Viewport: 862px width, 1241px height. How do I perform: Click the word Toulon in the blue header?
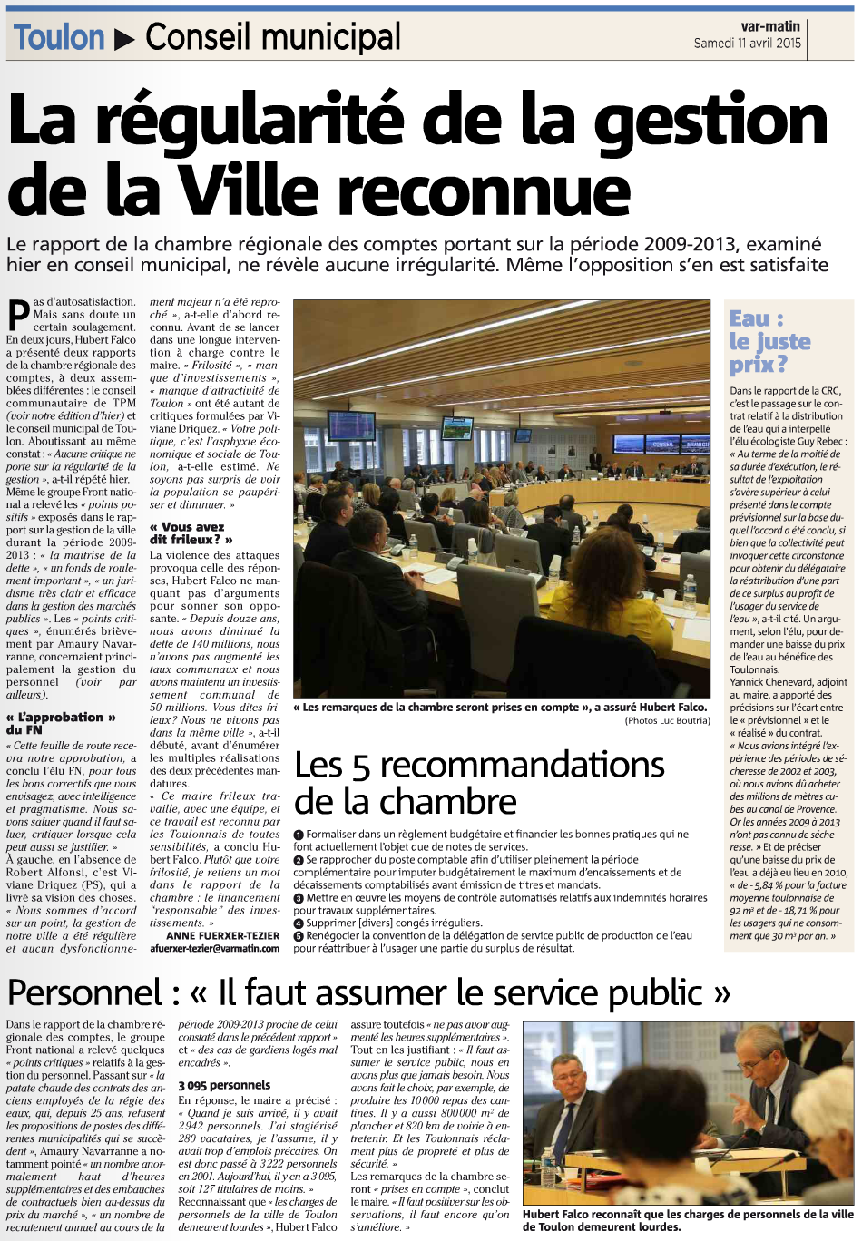coord(59,38)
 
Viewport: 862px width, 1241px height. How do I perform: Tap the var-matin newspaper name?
coord(769,26)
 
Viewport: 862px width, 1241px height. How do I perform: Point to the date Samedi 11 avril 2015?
coord(747,43)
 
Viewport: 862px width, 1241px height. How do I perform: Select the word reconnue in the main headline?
coord(495,191)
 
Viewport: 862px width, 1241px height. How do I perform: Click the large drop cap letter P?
coord(17,316)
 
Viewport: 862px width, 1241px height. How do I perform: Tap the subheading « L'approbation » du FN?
coord(61,723)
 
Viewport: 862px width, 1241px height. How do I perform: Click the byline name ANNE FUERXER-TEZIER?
coord(223,935)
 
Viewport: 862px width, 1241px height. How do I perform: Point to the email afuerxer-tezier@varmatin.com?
coord(214,948)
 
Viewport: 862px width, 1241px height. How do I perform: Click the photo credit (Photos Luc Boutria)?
coord(667,720)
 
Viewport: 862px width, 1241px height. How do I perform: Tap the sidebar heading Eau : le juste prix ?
coord(769,342)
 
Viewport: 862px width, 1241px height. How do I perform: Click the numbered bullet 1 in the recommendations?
coord(299,835)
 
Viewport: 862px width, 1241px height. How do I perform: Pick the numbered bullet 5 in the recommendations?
coord(299,936)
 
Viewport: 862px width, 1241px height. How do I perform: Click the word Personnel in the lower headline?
coord(84,993)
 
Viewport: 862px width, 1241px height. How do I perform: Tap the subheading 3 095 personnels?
coord(224,1085)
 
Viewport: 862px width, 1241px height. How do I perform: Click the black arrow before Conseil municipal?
coord(125,39)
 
